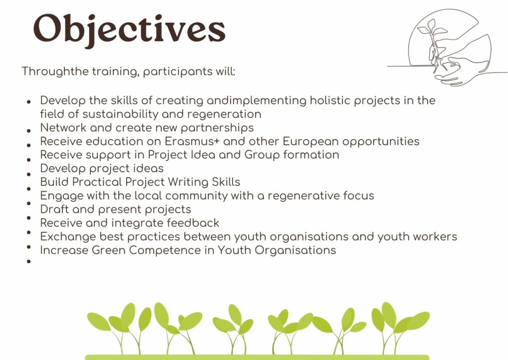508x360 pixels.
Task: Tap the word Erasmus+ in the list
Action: tap(192, 141)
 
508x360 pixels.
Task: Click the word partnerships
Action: tap(217, 128)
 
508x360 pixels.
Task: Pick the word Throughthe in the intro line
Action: tap(55, 71)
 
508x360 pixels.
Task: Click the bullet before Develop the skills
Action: tap(29, 101)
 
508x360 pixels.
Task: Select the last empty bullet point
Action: tap(29, 261)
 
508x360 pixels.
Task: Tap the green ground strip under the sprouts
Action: tap(257, 358)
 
